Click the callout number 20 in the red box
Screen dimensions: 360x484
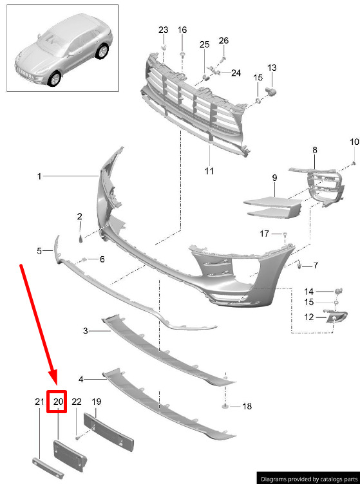(x=58, y=402)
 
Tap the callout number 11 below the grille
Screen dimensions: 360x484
(x=209, y=171)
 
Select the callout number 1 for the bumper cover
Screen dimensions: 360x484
(x=39, y=176)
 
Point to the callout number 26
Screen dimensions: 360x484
(x=223, y=41)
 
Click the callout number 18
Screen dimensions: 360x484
(x=247, y=406)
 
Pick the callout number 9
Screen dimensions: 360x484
(x=274, y=178)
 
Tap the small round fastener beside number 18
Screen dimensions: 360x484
(x=225, y=405)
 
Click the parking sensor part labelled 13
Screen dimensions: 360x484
(x=270, y=91)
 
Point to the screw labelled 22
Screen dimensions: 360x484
(x=77, y=438)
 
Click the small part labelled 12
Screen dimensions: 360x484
(x=336, y=317)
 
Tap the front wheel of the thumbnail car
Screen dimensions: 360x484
(x=55, y=79)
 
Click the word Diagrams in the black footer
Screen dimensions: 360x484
(x=274, y=479)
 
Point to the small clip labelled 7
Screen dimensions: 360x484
(x=299, y=265)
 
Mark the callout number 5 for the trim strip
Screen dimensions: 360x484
(x=39, y=250)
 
